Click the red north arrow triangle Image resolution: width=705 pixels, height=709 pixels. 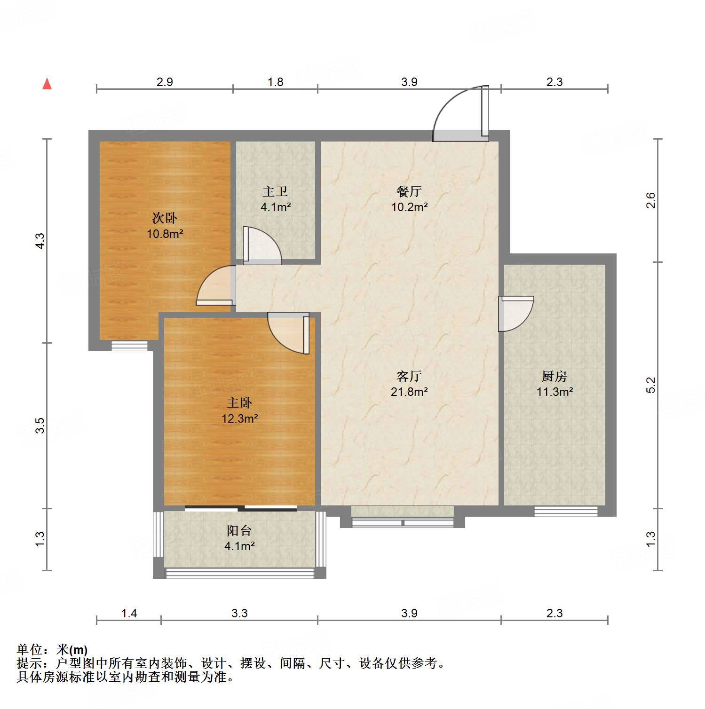click(x=47, y=84)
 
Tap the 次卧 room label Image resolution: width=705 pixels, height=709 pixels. click(x=165, y=218)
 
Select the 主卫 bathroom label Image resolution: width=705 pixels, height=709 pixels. click(x=275, y=192)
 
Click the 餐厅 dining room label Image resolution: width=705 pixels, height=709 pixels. click(x=409, y=192)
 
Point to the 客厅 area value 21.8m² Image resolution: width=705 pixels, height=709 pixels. click(x=409, y=392)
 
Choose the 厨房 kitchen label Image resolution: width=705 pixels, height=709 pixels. click(x=554, y=377)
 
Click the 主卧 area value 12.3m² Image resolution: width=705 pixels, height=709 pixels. click(x=240, y=418)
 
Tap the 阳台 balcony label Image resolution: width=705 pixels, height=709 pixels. click(x=239, y=531)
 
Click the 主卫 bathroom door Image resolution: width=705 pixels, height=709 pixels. click(x=261, y=245)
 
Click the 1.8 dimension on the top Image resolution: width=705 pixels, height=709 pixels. click(x=275, y=82)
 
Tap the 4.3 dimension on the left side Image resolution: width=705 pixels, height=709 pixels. click(x=40, y=241)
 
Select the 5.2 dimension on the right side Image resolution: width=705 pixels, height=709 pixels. click(x=650, y=385)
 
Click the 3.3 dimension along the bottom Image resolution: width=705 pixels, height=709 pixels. click(x=239, y=613)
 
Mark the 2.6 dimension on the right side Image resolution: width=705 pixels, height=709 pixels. click(x=650, y=201)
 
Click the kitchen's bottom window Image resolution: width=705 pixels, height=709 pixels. click(x=566, y=511)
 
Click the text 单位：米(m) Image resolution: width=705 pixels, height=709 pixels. click(x=52, y=650)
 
